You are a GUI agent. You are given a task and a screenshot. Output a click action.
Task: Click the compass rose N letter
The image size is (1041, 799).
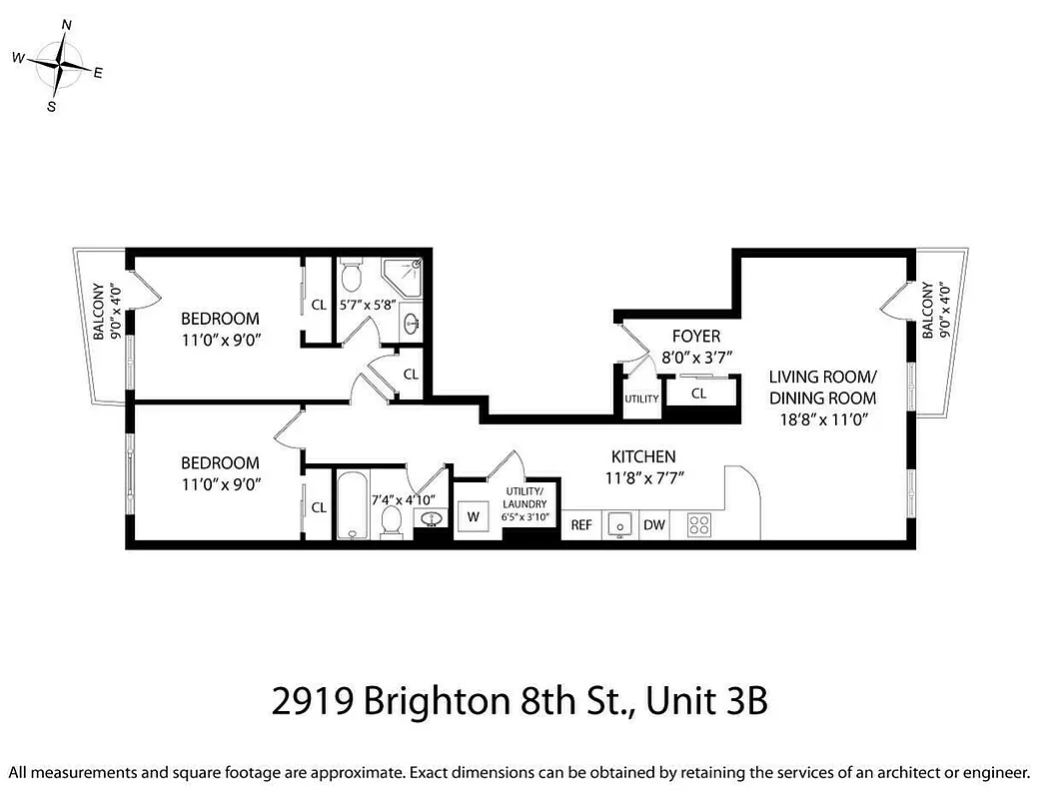67,24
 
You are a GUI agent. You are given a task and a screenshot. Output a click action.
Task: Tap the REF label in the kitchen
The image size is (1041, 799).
580,524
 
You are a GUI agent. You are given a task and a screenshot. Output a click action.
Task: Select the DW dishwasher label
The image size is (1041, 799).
653,524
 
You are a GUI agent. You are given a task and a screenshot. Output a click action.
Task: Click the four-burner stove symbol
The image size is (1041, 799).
698,524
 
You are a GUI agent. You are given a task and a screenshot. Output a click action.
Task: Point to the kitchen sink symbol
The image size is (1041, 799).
619,524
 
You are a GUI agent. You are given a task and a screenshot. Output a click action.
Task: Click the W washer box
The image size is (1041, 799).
473,517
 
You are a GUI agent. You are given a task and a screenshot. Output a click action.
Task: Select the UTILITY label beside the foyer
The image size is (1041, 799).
640,399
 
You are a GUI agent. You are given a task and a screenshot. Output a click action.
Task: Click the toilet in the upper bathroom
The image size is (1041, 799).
351,274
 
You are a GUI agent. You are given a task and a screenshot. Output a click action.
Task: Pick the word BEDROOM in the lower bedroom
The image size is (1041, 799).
220,463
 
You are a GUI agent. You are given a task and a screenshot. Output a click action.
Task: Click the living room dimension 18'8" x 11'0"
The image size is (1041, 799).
822,420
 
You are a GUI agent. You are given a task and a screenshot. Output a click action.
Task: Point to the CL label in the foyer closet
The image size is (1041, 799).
699,394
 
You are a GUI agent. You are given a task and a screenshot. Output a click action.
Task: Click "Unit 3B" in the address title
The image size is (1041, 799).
706,702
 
